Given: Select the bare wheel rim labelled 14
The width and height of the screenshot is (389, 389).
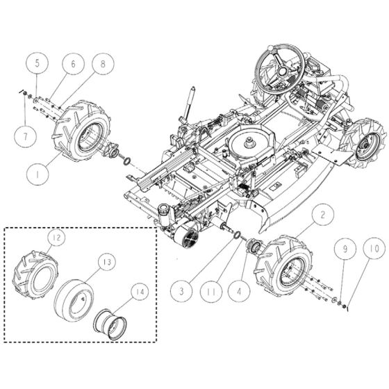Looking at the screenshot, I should tap(113, 323).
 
